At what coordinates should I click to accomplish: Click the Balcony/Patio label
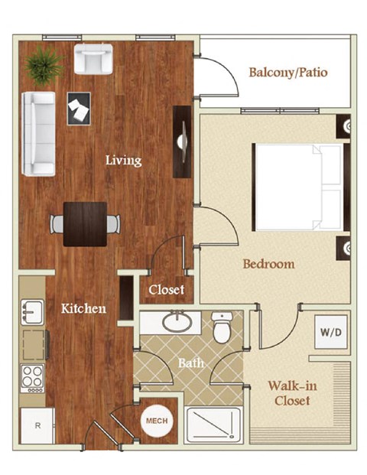288,73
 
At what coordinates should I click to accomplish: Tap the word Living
123,160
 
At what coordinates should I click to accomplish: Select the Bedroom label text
268,264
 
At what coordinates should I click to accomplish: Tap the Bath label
191,363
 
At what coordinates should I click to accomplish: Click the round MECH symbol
156,420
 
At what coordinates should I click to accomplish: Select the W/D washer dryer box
330,333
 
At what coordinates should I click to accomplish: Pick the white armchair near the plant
93,59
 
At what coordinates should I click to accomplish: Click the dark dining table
86,223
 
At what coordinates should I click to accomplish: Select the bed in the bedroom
298,187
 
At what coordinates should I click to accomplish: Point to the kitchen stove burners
34,376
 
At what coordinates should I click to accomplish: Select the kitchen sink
32,312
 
